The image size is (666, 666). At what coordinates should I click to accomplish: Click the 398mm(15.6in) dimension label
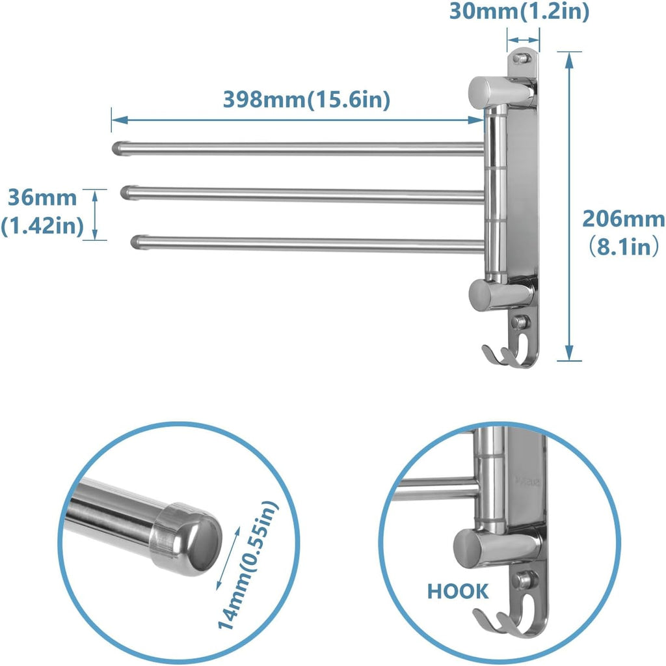[306, 100]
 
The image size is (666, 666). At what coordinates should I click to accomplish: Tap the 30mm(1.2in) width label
[518, 12]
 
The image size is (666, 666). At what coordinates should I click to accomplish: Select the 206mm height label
[623, 219]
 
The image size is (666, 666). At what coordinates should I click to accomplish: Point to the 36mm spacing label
[42, 196]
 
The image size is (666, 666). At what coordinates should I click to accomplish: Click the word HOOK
[458, 591]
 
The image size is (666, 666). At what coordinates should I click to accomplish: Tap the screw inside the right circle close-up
[524, 578]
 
